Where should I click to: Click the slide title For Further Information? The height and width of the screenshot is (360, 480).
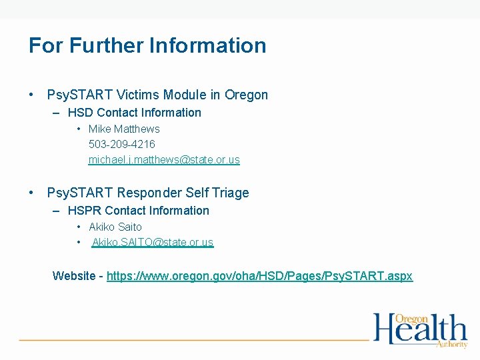147,46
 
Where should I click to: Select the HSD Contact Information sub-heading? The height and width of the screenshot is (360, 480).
134,113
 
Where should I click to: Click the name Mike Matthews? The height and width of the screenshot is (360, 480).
124,129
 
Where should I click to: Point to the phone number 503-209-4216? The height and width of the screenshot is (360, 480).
122,144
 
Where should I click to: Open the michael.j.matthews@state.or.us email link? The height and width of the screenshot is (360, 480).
164,160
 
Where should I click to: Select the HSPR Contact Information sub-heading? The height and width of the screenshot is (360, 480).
138,211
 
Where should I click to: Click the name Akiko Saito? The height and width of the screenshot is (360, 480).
115,227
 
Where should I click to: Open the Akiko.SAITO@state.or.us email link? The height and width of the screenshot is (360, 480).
153,243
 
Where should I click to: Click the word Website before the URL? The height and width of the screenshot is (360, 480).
74,276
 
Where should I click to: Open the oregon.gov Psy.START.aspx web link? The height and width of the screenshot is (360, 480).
259,276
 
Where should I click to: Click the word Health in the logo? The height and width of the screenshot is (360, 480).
419,330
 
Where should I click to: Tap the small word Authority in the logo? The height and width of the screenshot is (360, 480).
452,344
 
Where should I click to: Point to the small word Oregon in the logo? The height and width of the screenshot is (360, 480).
411,319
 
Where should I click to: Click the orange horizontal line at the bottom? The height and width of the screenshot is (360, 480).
193,340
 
